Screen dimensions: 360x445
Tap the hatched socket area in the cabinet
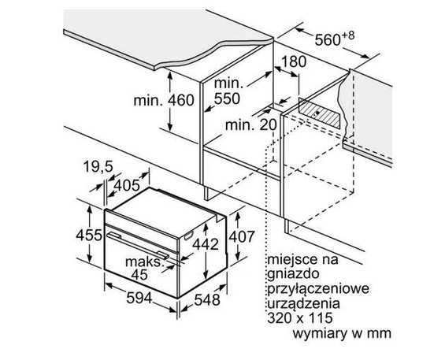click(x=323, y=111)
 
